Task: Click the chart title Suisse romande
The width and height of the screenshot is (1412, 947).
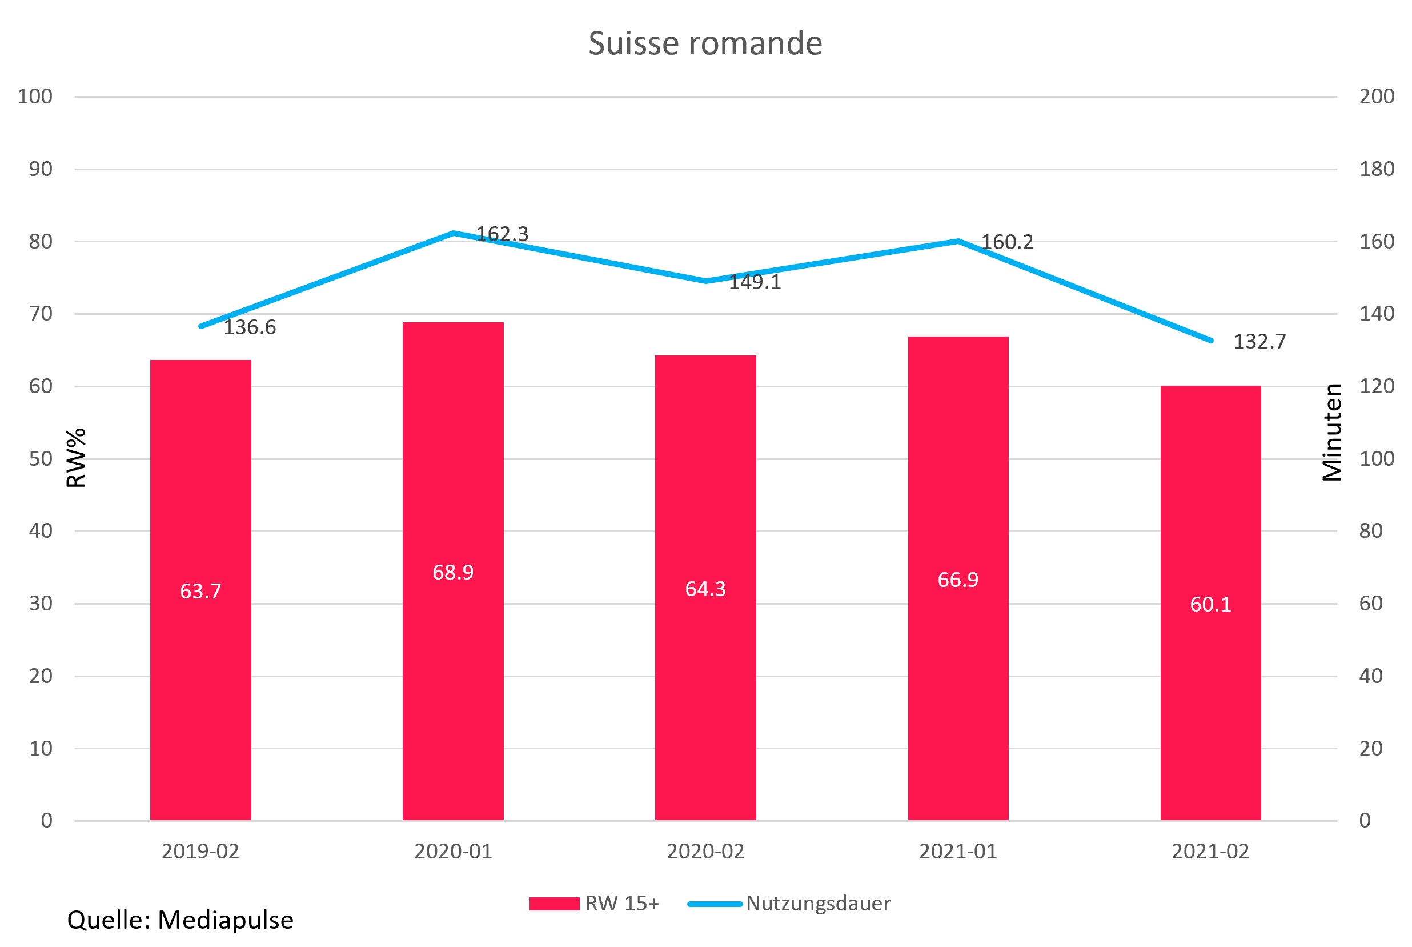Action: [705, 43]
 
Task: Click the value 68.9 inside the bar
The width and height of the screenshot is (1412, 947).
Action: [453, 572]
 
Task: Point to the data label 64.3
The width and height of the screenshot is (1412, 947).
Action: [705, 589]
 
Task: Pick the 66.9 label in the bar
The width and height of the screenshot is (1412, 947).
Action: [957, 580]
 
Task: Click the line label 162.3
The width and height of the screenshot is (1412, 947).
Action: [502, 234]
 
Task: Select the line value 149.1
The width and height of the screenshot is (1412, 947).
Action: [755, 283]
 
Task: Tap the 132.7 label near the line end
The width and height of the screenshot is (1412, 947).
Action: [1259, 342]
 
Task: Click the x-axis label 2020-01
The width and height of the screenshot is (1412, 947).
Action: [453, 852]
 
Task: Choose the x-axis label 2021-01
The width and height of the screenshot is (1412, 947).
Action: [957, 852]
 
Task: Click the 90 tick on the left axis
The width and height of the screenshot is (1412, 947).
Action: [41, 169]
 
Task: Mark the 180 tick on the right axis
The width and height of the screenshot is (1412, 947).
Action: [1377, 169]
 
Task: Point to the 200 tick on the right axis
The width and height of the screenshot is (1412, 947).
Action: [1377, 97]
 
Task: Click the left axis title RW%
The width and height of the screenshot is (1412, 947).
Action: [77, 458]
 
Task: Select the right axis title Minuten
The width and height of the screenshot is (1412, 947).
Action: [1331, 433]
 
